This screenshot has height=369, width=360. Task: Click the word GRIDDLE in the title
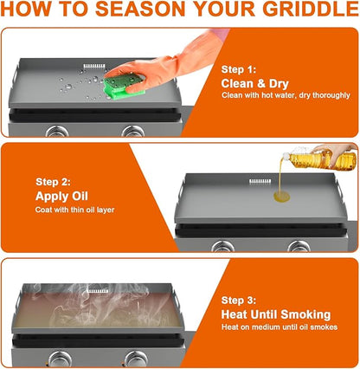pyautogui.click(x=311, y=9)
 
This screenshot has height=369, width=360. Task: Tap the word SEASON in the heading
pyautogui.click(x=140, y=9)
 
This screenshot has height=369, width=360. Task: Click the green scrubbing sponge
pyautogui.click(x=124, y=86)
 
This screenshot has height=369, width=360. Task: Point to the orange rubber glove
pyautogui.click(x=168, y=63)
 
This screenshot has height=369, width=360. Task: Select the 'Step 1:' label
pyautogui.click(x=239, y=69)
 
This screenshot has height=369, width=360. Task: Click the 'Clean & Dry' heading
pyautogui.click(x=255, y=84)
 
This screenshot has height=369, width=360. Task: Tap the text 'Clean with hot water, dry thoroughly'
pyautogui.click(x=286, y=95)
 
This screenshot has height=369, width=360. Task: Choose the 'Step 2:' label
pyautogui.click(x=53, y=182)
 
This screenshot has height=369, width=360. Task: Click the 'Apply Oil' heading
pyautogui.click(x=61, y=197)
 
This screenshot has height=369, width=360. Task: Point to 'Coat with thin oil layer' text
pyautogui.click(x=74, y=210)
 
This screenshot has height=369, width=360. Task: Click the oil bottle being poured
pyautogui.click(x=322, y=159)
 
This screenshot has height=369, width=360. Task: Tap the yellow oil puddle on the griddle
pyautogui.click(x=281, y=197)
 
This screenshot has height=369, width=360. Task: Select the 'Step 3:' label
pyautogui.click(x=239, y=301)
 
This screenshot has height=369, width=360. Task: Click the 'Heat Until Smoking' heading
pyautogui.click(x=276, y=314)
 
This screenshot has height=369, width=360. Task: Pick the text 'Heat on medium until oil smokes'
pyautogui.click(x=280, y=327)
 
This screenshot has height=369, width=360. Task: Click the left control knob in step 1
pyautogui.click(x=57, y=132)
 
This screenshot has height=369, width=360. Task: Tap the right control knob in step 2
pyautogui.click(x=299, y=246)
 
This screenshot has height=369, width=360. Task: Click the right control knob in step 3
pyautogui.click(x=135, y=359)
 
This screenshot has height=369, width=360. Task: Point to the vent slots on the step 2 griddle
pyautogui.click(x=260, y=181)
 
